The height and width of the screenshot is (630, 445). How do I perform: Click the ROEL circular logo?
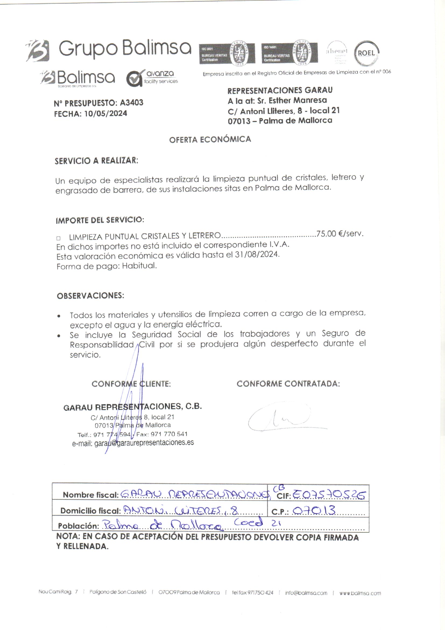pos(367,53)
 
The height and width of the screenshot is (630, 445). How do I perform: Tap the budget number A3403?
pos(132,103)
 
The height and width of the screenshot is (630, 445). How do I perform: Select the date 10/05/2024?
pos(105,114)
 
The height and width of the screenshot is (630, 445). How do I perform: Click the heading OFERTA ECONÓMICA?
pos(210,139)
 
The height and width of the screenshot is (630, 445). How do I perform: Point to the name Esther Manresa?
pos(298,101)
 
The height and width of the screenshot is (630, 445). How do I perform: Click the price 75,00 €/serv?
pos(340,234)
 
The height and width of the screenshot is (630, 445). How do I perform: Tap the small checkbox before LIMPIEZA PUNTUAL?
pos(58,238)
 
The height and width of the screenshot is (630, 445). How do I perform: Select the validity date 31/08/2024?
pos(257,254)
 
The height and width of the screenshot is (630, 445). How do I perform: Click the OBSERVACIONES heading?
pos(90,296)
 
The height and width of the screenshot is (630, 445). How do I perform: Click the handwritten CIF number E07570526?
pos(329,495)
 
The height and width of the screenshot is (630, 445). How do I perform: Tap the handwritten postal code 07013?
pos(314,510)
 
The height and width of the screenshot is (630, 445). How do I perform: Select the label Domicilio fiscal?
pos(90,511)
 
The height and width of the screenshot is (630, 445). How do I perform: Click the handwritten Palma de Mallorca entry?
pos(162,525)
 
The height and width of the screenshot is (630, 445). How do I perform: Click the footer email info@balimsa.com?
pos(306,593)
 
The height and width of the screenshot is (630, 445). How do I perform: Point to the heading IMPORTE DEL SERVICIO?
pos(100,220)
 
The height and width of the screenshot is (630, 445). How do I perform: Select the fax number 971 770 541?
pos(169,434)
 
